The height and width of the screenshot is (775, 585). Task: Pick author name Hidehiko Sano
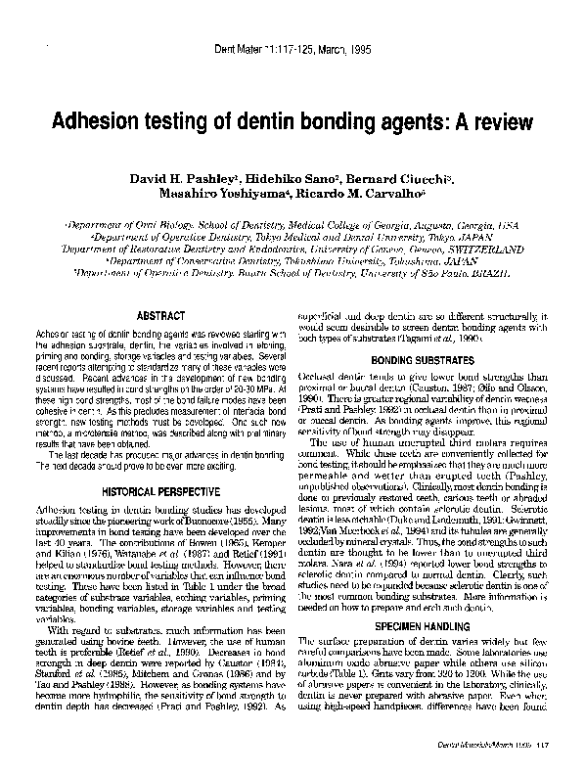pos(289,182)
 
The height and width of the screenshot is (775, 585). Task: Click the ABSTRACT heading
pos(157,316)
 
